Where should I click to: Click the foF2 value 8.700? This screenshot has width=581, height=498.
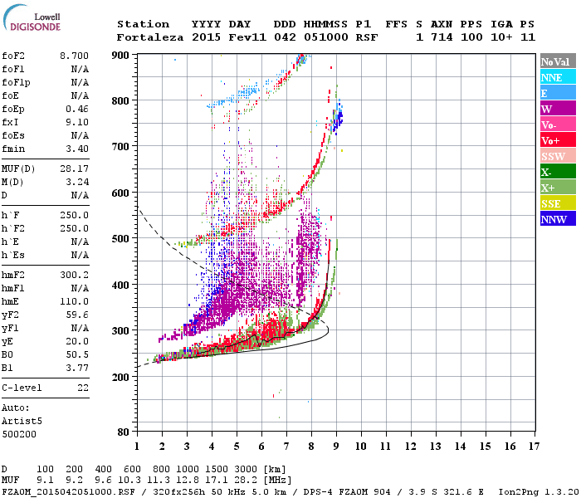pos(74,55)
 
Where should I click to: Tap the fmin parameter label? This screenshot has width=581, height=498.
pos(15,149)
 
